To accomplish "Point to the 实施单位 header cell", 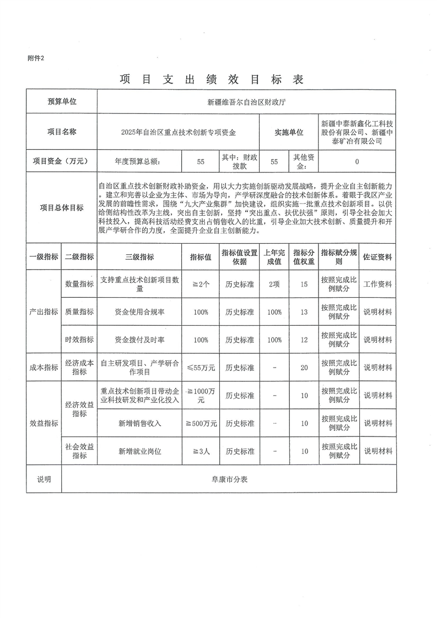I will point(289,133).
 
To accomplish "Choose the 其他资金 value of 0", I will point(357,162).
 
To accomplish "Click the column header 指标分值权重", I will point(304,256).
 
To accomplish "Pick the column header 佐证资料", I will point(377,256).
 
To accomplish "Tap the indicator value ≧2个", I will point(201,285).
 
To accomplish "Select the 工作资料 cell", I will point(377,285).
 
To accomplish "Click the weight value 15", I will point(304,285).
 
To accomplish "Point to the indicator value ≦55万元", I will point(201,368).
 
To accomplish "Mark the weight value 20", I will point(304,368).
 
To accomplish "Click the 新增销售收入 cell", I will point(140,423).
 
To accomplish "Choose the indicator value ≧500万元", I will point(201,423).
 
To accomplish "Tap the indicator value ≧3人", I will point(201,451).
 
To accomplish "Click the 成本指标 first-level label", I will point(44,368).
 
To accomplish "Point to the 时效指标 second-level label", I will point(79,340).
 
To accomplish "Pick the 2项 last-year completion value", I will point(274,285).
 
